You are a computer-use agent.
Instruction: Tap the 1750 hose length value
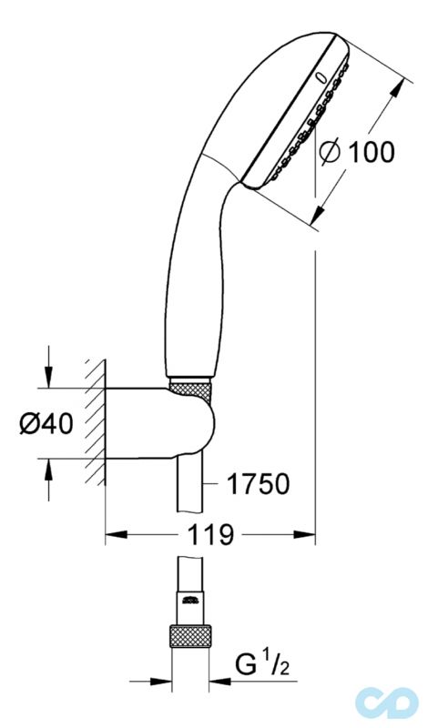pos(259,482)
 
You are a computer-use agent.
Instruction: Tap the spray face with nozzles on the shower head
pos(301,127)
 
